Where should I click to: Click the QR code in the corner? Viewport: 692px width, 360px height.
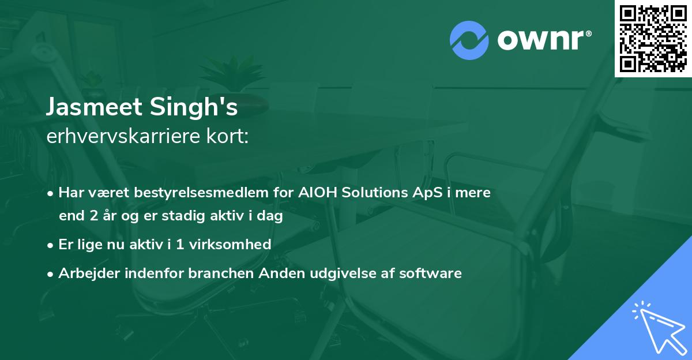point(653,39)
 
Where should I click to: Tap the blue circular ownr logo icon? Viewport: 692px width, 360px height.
point(469,40)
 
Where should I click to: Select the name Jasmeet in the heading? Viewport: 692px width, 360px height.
point(94,107)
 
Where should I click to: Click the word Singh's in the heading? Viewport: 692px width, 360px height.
point(194,107)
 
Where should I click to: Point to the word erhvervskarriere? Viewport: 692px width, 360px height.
point(123,136)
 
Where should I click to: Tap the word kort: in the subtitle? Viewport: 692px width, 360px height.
point(227,136)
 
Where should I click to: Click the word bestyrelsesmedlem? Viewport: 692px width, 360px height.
point(201,193)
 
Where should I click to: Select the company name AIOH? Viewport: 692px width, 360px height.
point(318,193)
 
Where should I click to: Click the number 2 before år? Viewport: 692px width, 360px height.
point(94,216)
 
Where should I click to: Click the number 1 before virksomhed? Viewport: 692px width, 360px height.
point(180,245)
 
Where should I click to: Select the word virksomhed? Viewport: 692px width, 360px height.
point(230,245)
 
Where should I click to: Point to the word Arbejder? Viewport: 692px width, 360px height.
point(89,273)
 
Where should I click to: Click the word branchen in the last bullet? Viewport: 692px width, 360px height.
point(221,273)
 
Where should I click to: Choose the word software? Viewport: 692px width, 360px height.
point(430,273)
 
